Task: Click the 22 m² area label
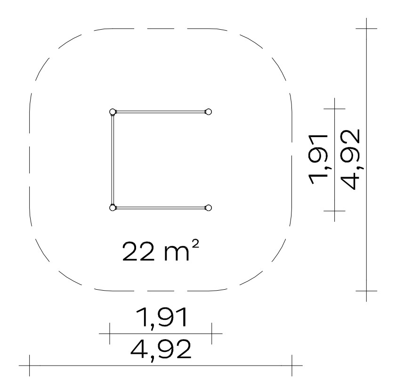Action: [x=160, y=251]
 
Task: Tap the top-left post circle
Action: [x=113, y=112]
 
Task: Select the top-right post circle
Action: [x=208, y=112]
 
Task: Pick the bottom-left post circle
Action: [x=113, y=208]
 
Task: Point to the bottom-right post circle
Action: [x=208, y=208]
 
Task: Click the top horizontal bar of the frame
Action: [x=160, y=112]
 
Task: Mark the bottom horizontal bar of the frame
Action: [x=160, y=208]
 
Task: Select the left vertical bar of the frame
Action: [x=113, y=160]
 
